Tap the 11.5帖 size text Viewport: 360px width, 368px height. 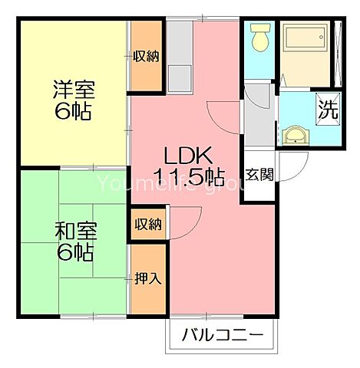click(x=188, y=179)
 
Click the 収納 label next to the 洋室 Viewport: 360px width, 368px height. click(x=145, y=55)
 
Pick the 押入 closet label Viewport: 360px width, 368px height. click(x=148, y=278)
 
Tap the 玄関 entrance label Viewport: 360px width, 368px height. click(x=259, y=174)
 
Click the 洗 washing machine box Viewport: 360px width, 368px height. click(x=328, y=108)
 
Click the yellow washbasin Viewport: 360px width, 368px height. click(x=295, y=136)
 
